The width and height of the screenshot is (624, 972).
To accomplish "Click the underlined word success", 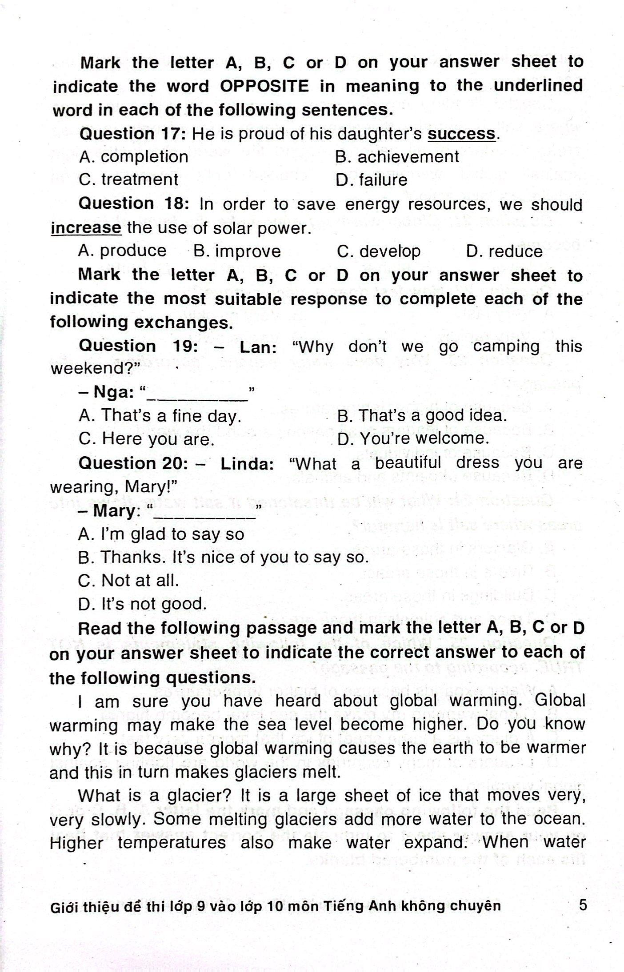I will (461, 134).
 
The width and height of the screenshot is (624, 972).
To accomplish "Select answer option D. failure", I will (372, 180).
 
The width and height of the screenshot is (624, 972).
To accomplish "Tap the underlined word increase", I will (85, 228).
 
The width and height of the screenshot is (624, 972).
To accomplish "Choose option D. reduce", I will (504, 251).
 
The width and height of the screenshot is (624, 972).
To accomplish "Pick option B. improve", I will (237, 251).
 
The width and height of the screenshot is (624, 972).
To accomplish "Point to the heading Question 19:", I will (138, 346).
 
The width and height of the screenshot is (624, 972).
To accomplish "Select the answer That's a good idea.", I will (422, 415).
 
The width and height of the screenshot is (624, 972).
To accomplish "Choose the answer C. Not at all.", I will (128, 580).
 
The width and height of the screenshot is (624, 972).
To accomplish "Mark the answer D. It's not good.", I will (142, 604).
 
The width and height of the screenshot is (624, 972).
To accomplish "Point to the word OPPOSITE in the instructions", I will (264, 86).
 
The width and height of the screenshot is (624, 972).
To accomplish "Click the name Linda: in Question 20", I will (247, 464).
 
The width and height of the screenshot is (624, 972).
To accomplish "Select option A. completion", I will (133, 157).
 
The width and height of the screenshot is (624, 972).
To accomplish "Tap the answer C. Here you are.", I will (147, 439).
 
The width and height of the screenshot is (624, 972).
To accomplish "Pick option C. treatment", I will (128, 180).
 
